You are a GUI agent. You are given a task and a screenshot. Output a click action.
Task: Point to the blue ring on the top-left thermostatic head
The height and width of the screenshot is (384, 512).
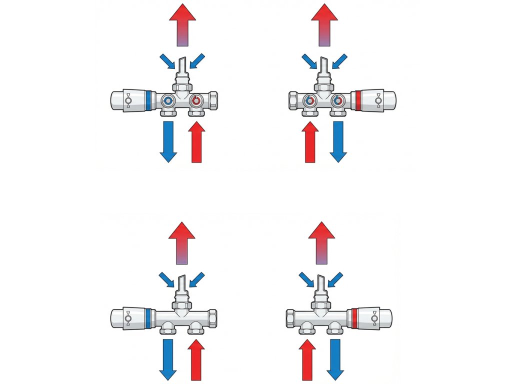(148, 100)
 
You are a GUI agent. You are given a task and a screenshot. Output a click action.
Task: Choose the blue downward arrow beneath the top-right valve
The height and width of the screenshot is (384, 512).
(338, 141)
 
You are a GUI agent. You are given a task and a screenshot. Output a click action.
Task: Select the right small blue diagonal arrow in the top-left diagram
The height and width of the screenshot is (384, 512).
(197, 61)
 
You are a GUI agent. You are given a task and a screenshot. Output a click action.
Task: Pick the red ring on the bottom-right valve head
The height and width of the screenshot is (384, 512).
(354, 319)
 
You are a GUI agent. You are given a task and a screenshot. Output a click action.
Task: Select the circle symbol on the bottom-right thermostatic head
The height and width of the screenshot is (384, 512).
(374, 318)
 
